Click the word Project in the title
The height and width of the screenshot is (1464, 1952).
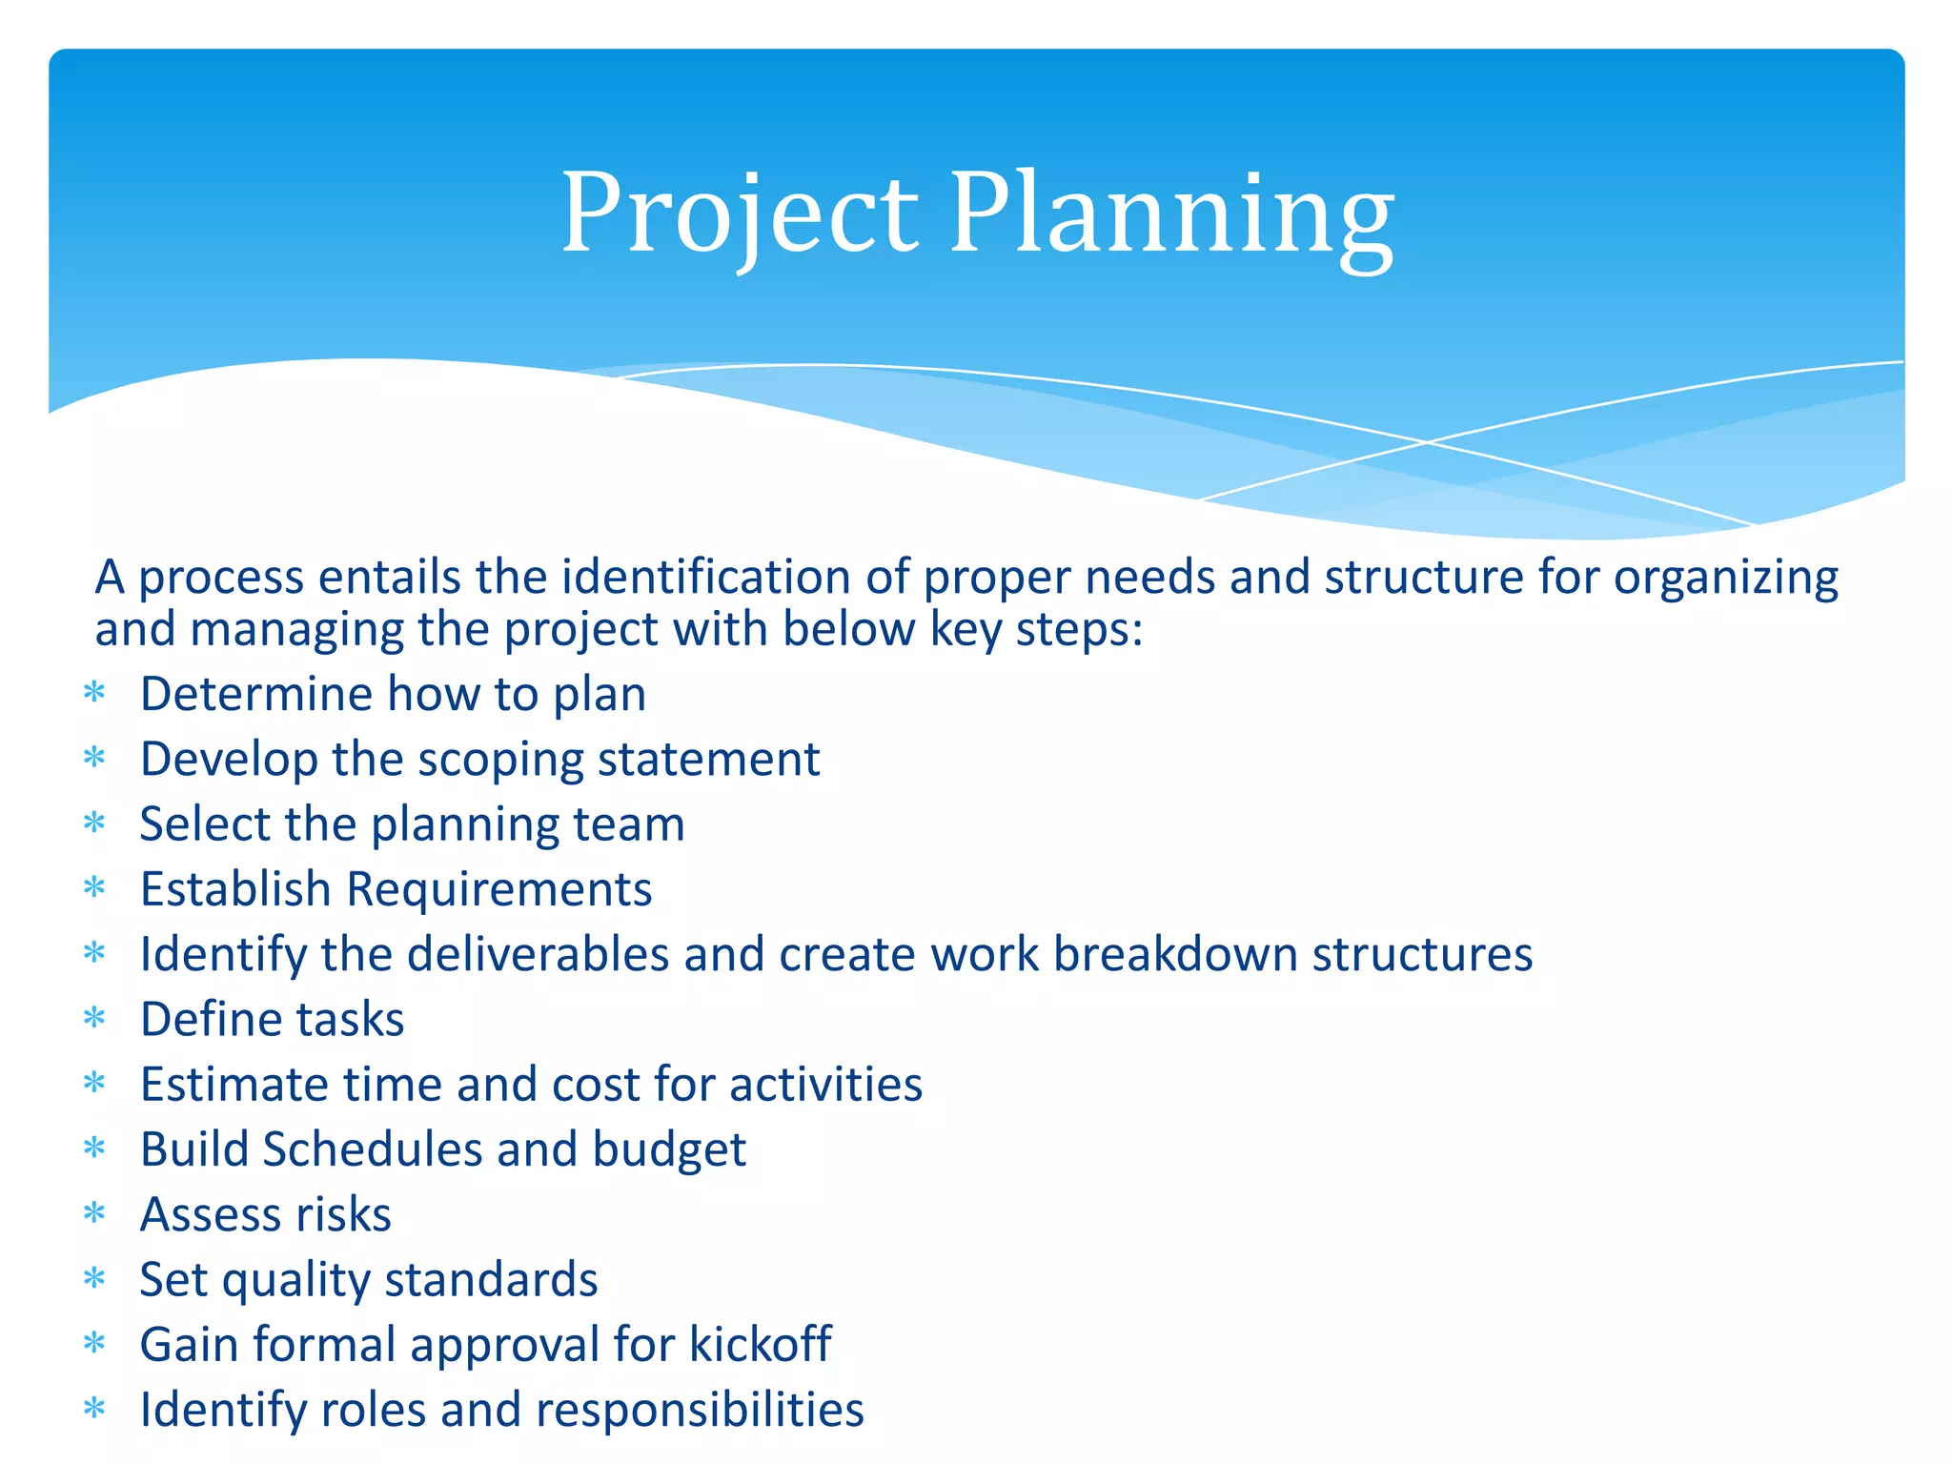739,214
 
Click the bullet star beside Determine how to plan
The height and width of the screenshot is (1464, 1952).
93,692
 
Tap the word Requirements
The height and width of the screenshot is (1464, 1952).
498,889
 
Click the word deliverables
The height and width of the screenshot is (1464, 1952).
538,954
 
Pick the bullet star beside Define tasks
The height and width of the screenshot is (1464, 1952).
93,1018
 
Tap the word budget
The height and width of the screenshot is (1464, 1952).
668,1150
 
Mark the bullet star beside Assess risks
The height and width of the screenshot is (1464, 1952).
93,1213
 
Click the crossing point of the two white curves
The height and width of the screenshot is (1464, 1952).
1428,442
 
